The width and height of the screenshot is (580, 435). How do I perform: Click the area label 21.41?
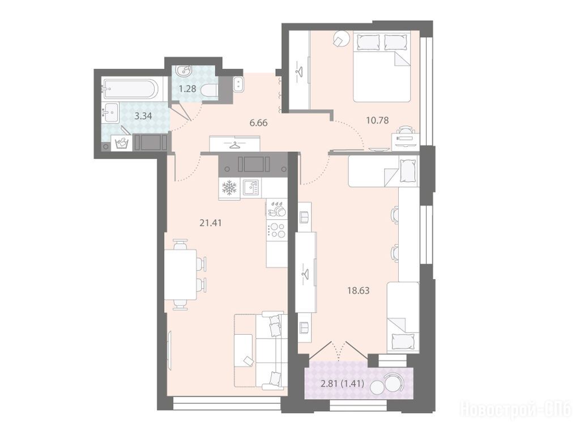click(x=211, y=223)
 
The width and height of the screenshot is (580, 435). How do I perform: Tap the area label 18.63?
click(x=358, y=291)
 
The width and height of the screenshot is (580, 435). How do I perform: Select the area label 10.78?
click(x=377, y=120)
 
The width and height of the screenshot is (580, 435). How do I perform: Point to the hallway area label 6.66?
click(x=258, y=123)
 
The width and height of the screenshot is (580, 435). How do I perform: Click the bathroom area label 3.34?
click(x=143, y=116)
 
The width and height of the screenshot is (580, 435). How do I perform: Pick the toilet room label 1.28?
click(x=187, y=89)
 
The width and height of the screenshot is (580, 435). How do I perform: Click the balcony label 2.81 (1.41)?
click(x=343, y=383)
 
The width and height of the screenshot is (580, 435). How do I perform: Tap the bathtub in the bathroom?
click(x=131, y=88)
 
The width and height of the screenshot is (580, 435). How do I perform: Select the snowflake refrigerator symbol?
click(x=229, y=188)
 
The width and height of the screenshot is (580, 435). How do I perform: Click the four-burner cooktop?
click(x=277, y=230)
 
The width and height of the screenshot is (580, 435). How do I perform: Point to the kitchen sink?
click(x=251, y=188)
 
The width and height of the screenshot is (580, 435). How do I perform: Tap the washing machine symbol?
click(x=122, y=143)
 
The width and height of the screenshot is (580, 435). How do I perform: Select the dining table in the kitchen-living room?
click(x=180, y=275)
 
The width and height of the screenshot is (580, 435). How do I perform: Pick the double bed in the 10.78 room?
click(x=382, y=66)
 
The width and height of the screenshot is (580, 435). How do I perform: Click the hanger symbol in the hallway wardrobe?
click(x=234, y=144)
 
